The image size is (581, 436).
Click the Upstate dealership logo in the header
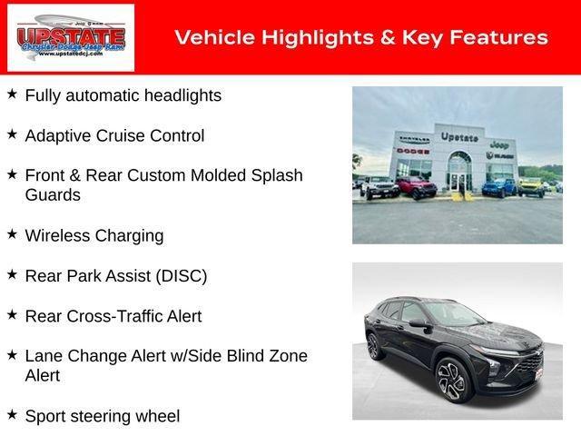(x=71, y=37)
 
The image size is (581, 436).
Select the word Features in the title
(x=498, y=37)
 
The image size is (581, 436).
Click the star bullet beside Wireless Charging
(x=12, y=234)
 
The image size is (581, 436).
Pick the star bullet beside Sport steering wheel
(x=12, y=414)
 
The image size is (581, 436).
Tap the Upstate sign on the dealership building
(x=458, y=137)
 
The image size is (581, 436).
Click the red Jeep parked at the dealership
(x=417, y=187)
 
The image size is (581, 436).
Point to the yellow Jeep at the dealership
(x=530, y=186)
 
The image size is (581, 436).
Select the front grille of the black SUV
(x=527, y=357)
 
